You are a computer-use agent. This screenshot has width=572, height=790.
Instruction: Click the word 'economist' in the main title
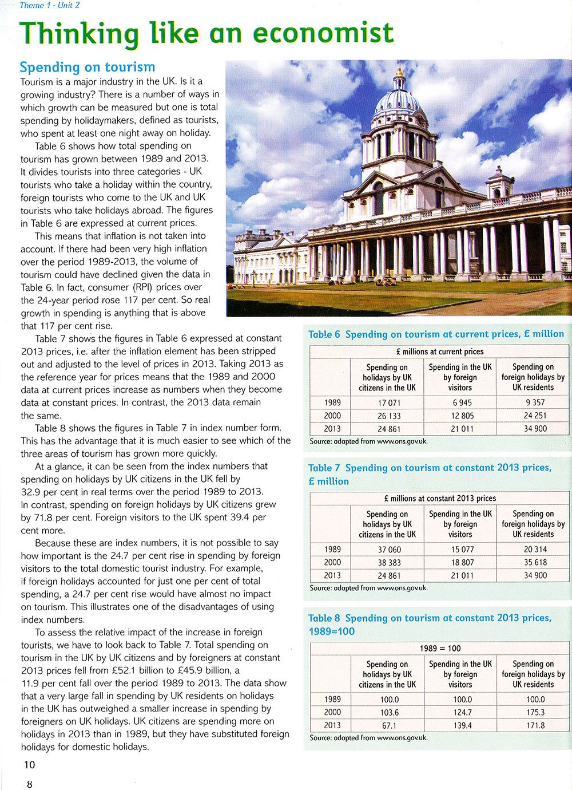click(x=323, y=33)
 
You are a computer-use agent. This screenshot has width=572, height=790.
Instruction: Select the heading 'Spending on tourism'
click(x=87, y=67)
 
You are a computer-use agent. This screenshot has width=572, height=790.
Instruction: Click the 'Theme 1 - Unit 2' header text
click(x=50, y=6)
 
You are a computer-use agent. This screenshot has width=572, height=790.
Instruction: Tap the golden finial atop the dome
click(x=400, y=72)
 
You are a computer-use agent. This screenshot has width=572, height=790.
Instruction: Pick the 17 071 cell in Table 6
click(x=389, y=402)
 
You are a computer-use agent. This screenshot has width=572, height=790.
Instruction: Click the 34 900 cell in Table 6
click(x=535, y=428)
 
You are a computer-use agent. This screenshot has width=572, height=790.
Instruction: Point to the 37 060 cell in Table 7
click(x=389, y=550)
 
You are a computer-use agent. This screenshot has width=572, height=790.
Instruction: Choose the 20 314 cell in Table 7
click(x=535, y=550)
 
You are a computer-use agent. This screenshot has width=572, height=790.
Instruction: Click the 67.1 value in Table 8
click(x=389, y=725)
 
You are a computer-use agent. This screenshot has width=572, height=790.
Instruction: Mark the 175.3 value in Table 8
click(x=535, y=712)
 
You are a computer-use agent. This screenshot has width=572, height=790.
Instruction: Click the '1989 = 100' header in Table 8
click(x=439, y=648)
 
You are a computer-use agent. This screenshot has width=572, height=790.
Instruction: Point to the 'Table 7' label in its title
click(x=324, y=468)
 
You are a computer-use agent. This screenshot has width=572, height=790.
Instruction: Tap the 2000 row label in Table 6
click(x=332, y=416)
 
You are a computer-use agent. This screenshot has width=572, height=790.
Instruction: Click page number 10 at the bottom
click(x=29, y=764)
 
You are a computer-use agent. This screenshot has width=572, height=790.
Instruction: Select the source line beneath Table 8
click(x=368, y=738)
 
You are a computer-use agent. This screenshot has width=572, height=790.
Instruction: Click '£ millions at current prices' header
click(x=439, y=351)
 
